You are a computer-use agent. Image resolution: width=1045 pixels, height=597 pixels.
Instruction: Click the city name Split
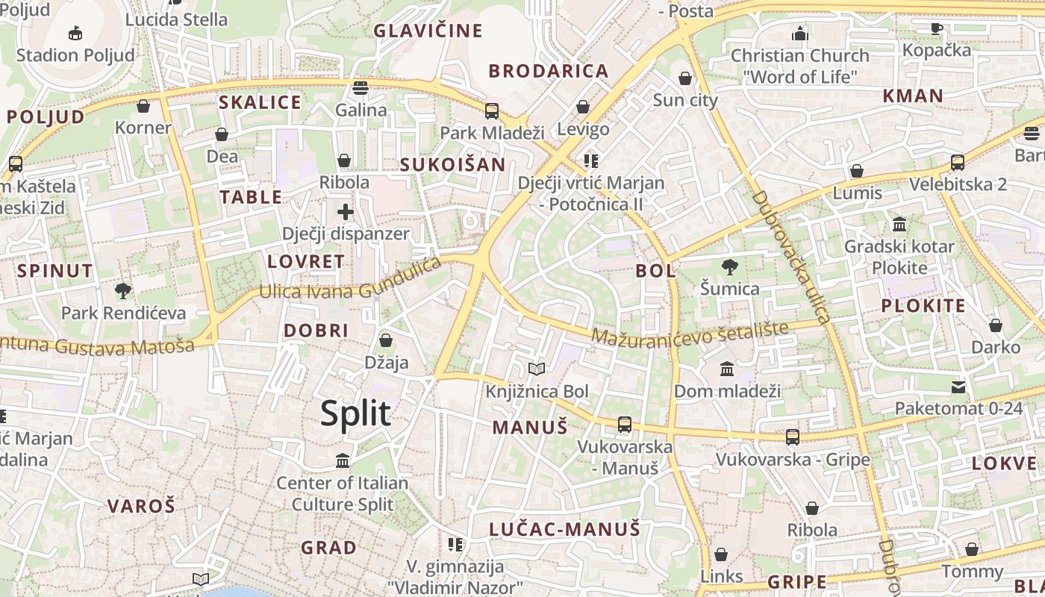click(355, 413)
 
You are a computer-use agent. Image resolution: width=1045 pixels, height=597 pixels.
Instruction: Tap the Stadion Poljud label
click(75, 54)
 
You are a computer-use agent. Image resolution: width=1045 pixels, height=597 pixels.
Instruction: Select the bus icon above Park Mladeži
click(492, 111)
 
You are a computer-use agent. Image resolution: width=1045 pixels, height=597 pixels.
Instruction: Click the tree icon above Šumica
click(729, 266)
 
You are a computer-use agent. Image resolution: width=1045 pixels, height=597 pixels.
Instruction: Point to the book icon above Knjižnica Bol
click(537, 369)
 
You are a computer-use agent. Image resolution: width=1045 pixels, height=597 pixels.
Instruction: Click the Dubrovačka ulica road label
click(792, 256)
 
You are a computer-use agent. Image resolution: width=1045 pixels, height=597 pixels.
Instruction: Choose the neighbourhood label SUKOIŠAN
click(452, 165)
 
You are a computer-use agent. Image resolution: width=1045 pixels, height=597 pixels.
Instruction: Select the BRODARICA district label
click(549, 72)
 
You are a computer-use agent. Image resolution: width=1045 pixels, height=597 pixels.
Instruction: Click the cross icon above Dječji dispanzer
click(346, 212)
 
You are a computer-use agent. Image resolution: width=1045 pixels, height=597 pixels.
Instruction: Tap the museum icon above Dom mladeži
click(727, 369)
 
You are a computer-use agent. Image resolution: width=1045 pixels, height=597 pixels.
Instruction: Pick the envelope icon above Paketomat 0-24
click(958, 387)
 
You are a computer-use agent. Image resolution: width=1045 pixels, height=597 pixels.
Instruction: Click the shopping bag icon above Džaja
click(386, 341)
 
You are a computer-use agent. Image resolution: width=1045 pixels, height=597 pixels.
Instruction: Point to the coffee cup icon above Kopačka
click(937, 28)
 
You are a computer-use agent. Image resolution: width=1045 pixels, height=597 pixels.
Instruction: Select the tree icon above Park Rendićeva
click(123, 290)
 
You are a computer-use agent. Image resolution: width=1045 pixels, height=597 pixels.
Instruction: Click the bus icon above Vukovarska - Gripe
click(793, 437)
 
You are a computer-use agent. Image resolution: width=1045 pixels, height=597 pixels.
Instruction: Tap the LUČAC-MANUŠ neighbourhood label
click(565, 530)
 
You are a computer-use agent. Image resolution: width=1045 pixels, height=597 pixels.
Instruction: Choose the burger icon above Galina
click(361, 88)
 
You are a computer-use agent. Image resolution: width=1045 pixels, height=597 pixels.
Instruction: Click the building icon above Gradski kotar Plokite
click(899, 224)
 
